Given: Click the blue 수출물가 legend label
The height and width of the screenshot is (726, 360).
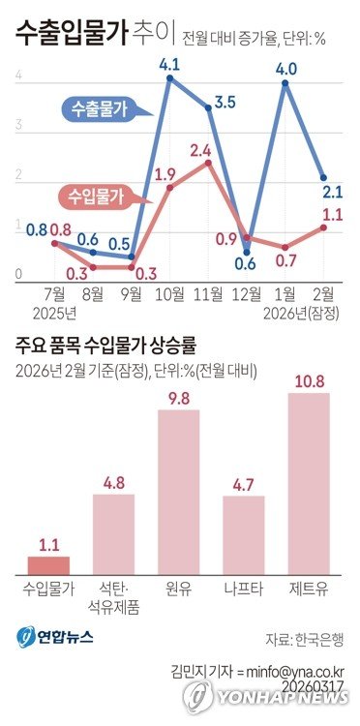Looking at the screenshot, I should tap(106, 109).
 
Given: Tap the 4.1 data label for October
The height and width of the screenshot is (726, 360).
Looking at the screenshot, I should tap(170, 67).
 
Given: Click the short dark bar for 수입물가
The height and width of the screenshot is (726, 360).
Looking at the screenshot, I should tap(48, 565).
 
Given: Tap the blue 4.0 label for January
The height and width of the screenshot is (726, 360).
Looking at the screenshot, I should tap(285, 69).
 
